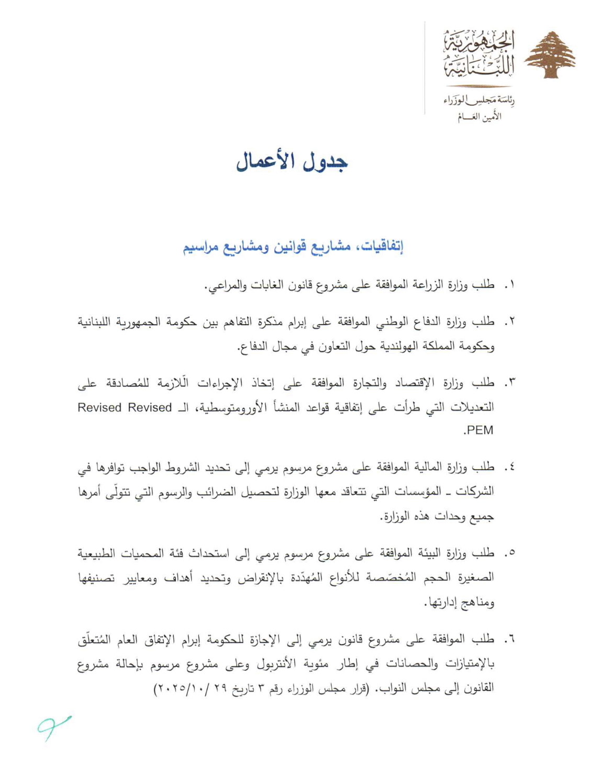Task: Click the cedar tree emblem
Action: [x=550, y=55]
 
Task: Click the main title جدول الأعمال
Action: [x=292, y=161]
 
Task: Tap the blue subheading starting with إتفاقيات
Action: [x=293, y=247]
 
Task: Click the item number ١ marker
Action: [x=509, y=285]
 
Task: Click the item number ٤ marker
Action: [x=509, y=467]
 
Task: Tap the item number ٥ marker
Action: [x=509, y=553]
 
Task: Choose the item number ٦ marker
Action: [x=509, y=640]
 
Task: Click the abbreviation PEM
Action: [x=478, y=430]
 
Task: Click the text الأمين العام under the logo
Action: [x=479, y=117]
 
